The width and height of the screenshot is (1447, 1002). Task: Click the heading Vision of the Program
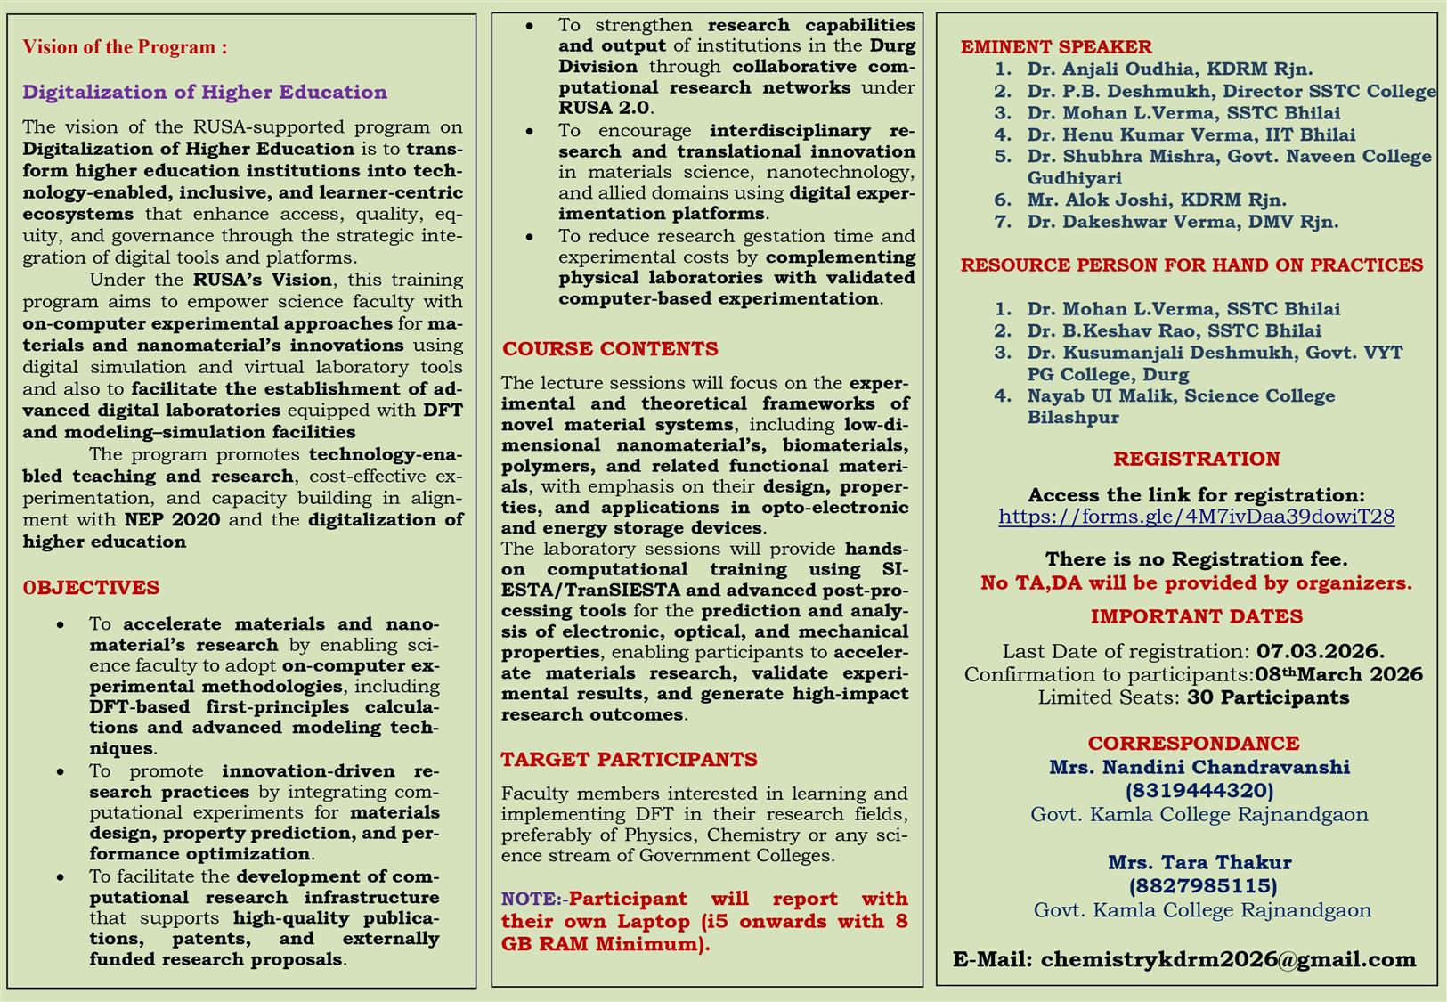125,47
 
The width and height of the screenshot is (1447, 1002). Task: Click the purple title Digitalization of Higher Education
205,93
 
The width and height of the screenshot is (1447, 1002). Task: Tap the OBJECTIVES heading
92,588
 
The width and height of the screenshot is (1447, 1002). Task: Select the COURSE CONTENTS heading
610,349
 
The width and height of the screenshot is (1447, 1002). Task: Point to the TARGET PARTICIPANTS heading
629,760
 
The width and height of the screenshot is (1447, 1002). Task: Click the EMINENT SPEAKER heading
1055,47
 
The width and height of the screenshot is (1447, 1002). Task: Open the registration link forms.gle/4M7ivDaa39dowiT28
1196,517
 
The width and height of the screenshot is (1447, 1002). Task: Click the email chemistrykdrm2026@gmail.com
1228,960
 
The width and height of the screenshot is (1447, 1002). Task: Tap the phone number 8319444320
1199,791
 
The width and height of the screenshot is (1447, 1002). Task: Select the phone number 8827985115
1202,886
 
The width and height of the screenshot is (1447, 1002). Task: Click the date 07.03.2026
1320,652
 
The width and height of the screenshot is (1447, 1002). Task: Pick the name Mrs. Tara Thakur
1199,862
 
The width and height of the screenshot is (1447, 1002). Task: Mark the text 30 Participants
1267,697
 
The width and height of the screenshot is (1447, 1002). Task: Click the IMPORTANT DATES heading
1196,616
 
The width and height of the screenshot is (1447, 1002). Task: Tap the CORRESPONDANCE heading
1193,744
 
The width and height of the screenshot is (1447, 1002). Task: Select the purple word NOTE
530,900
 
